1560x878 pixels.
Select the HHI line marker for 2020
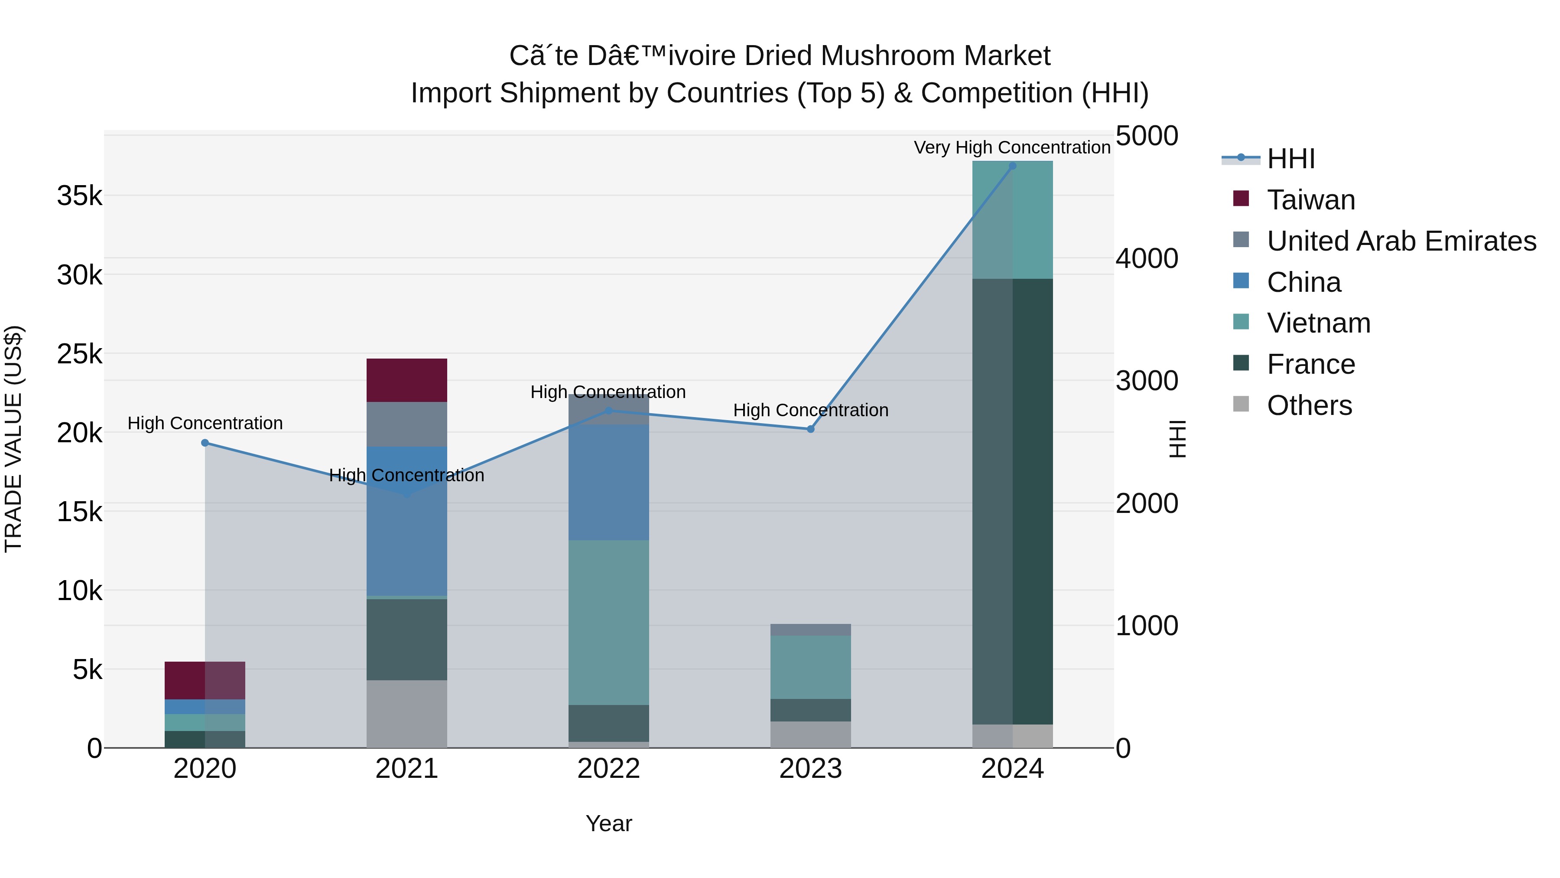pos(205,443)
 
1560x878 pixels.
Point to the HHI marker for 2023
pos(810,429)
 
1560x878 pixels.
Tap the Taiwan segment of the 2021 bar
pos(406,380)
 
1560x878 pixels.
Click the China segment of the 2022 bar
pos(609,482)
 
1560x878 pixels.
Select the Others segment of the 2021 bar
pos(406,713)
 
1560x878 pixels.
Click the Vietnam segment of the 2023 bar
pos(810,666)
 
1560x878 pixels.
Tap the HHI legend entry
pos(1290,159)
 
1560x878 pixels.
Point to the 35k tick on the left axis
pos(79,196)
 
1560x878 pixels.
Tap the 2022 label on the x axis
pos(609,769)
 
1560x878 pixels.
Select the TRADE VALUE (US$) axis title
pos(13,439)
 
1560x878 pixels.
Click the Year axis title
pos(609,823)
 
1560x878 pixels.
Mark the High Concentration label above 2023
pos(810,410)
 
